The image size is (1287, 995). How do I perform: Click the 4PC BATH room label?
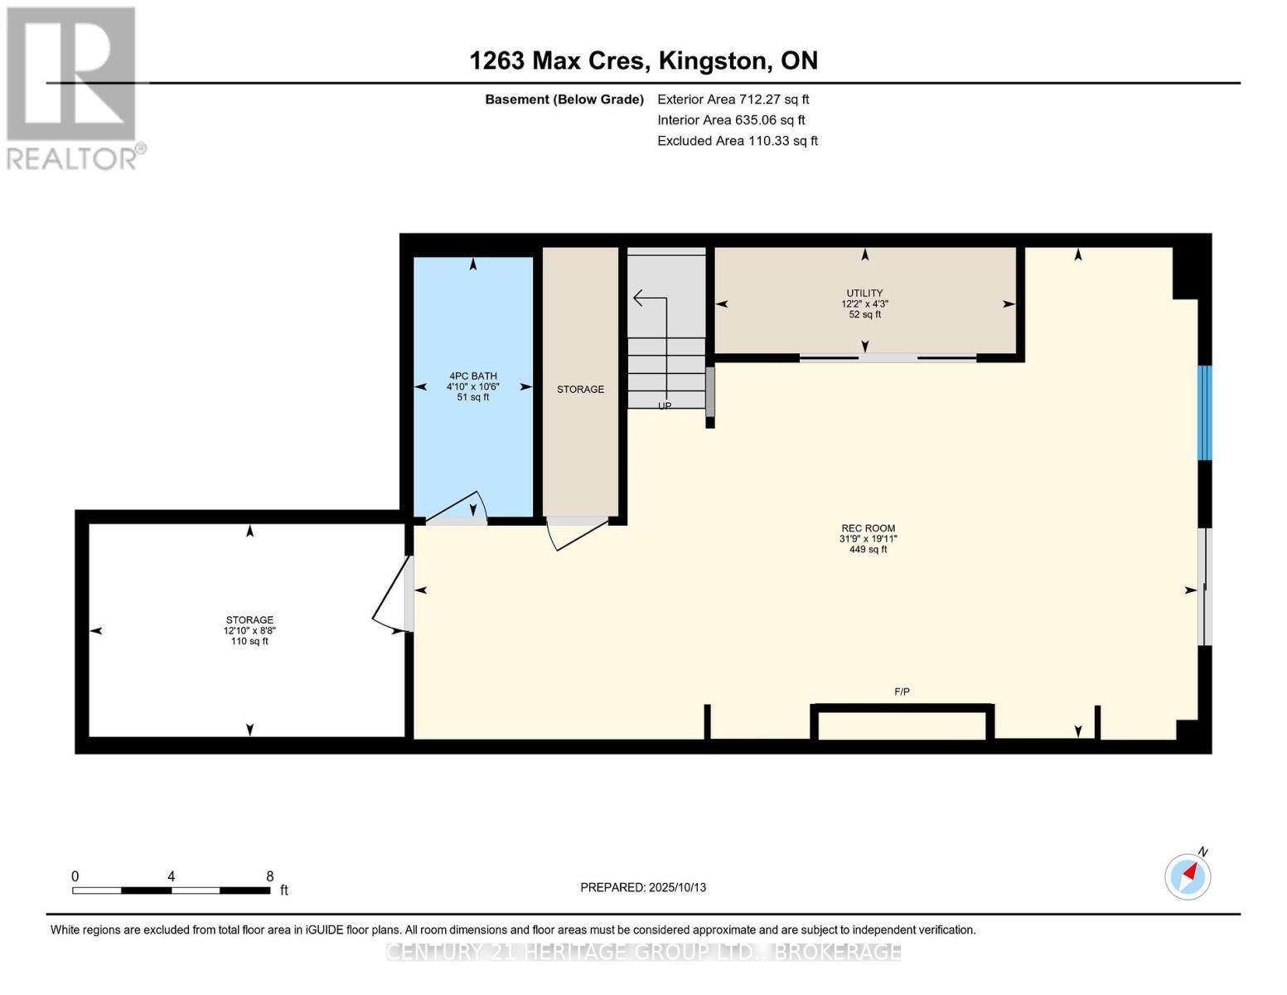[x=472, y=376]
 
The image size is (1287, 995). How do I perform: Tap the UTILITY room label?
[x=864, y=294]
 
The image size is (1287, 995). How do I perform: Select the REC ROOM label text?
[x=868, y=528]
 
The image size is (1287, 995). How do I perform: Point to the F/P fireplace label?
[x=902, y=692]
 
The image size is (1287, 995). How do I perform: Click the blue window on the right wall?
[x=1205, y=413]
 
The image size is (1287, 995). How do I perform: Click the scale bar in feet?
[x=171, y=890]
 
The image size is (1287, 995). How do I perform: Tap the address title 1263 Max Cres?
[x=643, y=61]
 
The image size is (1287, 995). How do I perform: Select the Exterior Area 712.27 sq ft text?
[x=733, y=99]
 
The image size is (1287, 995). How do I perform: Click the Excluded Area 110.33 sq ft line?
[x=737, y=141]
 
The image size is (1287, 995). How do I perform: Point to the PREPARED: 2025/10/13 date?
[x=643, y=887]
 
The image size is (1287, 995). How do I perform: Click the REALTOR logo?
[x=72, y=87]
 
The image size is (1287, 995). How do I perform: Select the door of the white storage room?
[x=393, y=595]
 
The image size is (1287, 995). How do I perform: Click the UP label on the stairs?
[x=665, y=405]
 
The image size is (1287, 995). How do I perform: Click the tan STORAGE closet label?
[x=580, y=389]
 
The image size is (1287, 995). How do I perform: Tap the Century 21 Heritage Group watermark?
[x=643, y=952]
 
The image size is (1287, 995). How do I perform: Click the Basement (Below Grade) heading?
[x=564, y=99]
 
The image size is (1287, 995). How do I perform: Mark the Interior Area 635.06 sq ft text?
[x=731, y=120]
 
